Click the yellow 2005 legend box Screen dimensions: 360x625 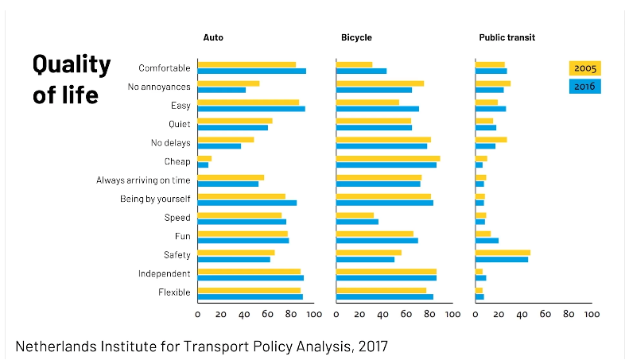pos(584,68)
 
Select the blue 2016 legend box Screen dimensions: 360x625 pos(584,86)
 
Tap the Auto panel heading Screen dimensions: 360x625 pos(213,37)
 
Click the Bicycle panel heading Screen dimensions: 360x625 pos(356,37)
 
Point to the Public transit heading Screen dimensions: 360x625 pos(507,37)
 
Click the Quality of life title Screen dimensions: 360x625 pos(72,79)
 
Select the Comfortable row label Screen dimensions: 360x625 pos(164,68)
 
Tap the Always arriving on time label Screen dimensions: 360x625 pos(143,180)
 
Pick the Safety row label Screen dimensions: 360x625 pos(177,255)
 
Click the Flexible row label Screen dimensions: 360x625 pos(174,292)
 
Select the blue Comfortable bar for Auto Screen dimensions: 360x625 pos(251,72)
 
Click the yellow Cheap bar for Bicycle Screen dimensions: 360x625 pos(388,158)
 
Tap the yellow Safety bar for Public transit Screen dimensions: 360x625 pos(503,252)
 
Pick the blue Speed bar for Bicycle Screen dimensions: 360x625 pos(357,221)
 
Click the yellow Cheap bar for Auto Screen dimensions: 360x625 pos(204,158)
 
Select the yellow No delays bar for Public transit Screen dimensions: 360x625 pos(491,140)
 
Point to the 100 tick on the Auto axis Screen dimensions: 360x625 pos(313,314)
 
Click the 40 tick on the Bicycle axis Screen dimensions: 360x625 pos(382,314)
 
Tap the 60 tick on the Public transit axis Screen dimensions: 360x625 pos(545,314)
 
